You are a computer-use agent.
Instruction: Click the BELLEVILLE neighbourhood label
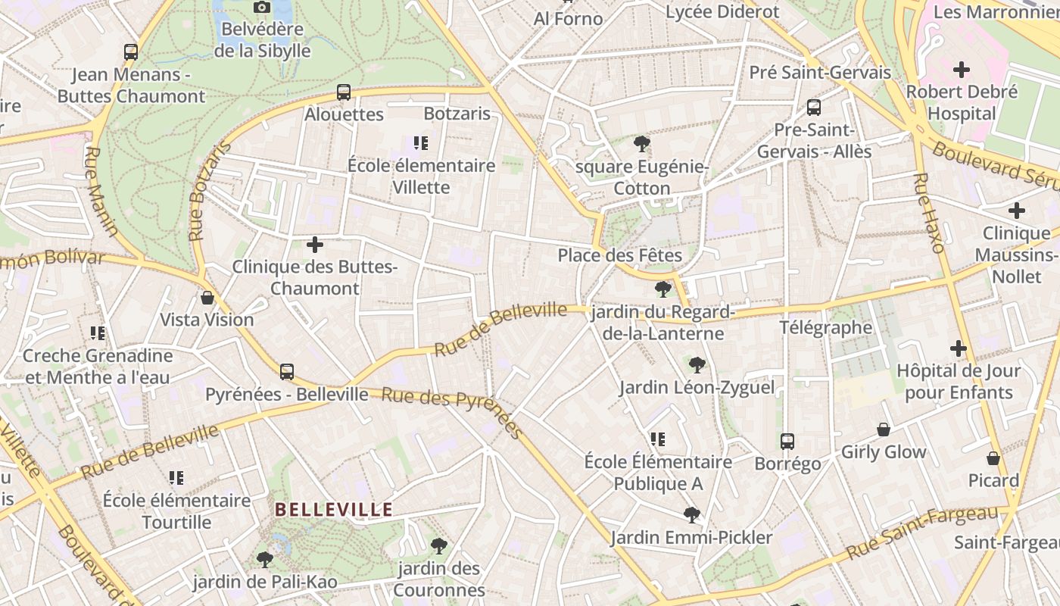(x=334, y=509)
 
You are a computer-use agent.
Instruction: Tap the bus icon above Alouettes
(x=344, y=92)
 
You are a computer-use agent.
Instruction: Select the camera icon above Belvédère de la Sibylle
(x=262, y=7)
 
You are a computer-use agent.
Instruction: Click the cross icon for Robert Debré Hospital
(x=962, y=70)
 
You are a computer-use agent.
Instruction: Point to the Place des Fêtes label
(x=620, y=255)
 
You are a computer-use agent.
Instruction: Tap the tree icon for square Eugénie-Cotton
(x=642, y=143)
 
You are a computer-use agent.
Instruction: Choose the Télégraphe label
(x=826, y=328)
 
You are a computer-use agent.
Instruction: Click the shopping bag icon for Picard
(x=993, y=458)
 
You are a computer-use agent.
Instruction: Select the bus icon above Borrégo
(x=787, y=441)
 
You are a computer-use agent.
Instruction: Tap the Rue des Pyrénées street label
(x=452, y=411)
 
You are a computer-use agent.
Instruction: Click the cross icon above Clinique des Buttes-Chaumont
(x=315, y=245)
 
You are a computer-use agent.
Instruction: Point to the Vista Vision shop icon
(x=207, y=298)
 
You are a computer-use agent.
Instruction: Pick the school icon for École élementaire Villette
(x=421, y=142)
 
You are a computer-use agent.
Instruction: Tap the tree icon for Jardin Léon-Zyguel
(x=697, y=365)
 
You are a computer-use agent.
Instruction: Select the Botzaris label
(x=457, y=114)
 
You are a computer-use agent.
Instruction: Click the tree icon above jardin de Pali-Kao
(x=264, y=559)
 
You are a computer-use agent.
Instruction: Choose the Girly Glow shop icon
(x=884, y=430)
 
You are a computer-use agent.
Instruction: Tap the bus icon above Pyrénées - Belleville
(x=287, y=371)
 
